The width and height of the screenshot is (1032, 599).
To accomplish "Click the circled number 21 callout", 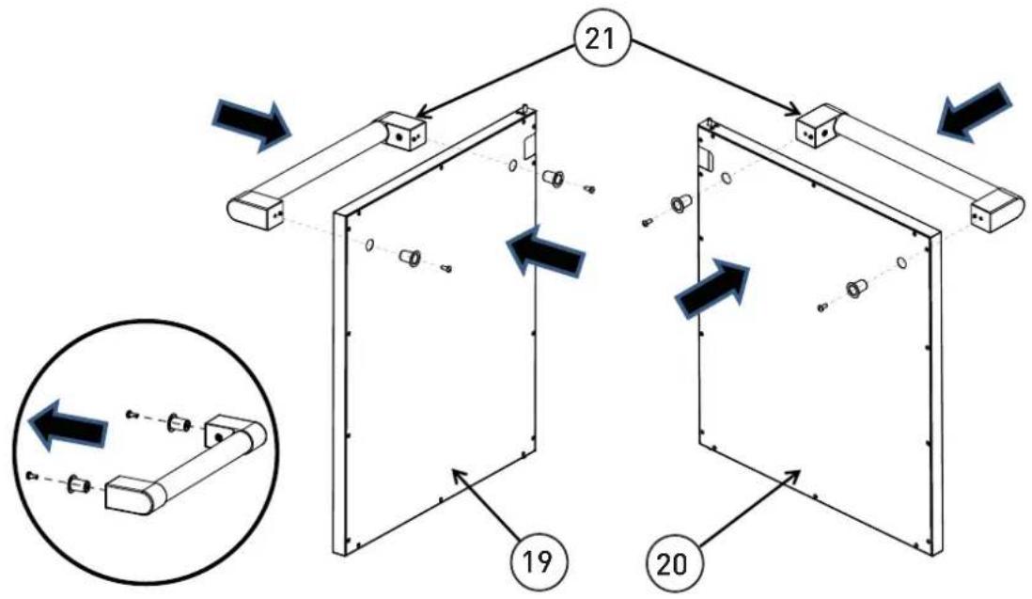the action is (x=602, y=40).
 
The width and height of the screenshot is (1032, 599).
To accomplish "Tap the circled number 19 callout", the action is (x=539, y=562).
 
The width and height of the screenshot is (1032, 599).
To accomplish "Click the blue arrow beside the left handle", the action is (x=251, y=124).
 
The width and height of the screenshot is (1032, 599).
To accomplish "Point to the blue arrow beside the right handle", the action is (x=976, y=112).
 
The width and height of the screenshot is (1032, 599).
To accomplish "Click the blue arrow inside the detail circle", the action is (x=70, y=425).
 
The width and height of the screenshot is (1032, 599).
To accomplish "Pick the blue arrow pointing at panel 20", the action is (x=713, y=288).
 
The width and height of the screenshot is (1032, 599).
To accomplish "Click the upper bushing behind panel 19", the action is (x=553, y=177).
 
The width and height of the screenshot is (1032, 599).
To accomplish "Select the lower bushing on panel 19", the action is (x=411, y=257).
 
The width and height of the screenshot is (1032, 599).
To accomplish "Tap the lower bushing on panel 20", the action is (x=855, y=289).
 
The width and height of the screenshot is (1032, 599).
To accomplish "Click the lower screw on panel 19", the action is (x=446, y=268).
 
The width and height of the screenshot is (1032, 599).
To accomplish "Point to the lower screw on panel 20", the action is (x=821, y=307).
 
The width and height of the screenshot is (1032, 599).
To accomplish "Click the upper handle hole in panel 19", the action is (x=512, y=166).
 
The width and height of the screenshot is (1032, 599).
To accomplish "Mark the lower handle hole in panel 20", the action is (x=901, y=263).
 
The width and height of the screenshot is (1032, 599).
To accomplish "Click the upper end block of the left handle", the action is (x=399, y=131).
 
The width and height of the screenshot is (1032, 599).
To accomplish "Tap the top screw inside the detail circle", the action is (x=132, y=414).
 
